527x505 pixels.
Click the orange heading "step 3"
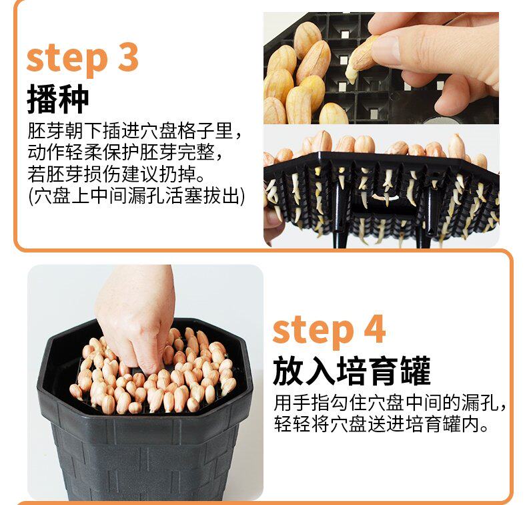(x=82, y=59)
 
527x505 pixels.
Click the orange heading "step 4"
(x=329, y=331)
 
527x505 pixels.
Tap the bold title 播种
(x=58, y=99)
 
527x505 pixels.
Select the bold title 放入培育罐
(x=352, y=371)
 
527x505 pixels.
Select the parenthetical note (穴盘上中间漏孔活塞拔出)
(x=137, y=196)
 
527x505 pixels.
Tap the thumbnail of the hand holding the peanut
(x=381, y=68)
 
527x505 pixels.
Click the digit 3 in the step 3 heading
(x=128, y=57)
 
